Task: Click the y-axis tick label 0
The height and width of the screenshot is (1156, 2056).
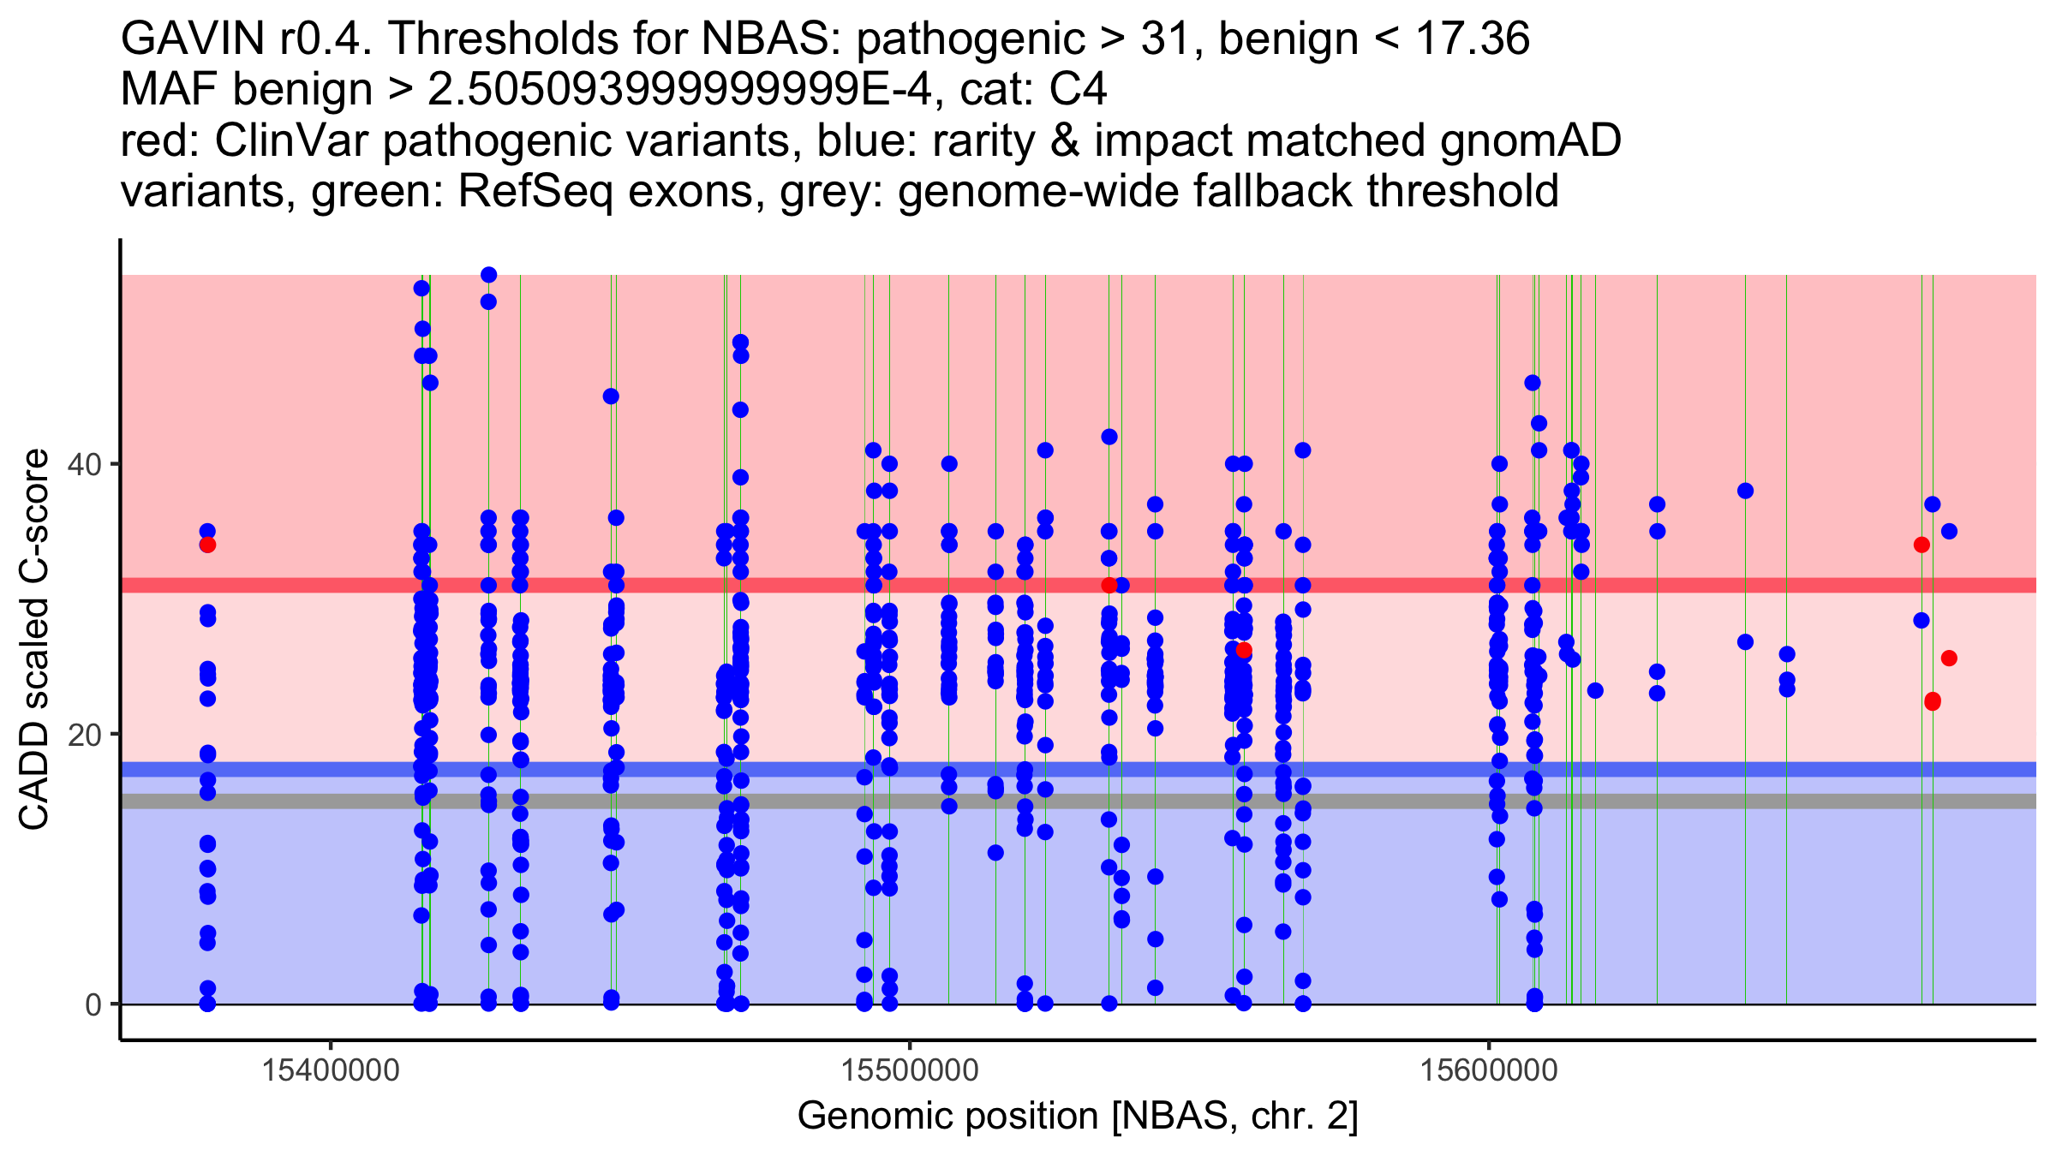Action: click(x=94, y=1004)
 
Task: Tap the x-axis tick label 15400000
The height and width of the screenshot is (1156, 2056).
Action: click(x=331, y=1070)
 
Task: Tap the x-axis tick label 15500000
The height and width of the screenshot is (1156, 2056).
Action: click(x=910, y=1070)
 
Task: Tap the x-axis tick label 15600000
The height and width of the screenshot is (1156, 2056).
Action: click(x=1489, y=1070)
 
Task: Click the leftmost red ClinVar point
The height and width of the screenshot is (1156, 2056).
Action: click(x=207, y=545)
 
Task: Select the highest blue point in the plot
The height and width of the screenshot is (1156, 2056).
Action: click(x=488, y=275)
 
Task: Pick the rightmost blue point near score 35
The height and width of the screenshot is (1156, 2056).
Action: click(x=1949, y=531)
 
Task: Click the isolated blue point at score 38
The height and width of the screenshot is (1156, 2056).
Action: click(x=1745, y=491)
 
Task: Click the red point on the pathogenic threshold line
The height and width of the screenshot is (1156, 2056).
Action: click(x=1109, y=585)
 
